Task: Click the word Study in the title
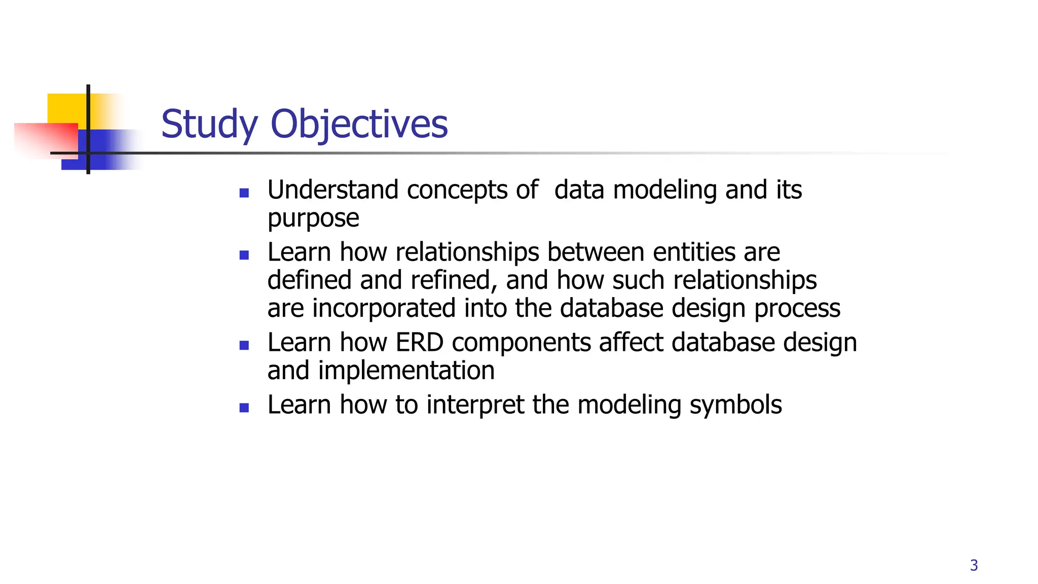209,125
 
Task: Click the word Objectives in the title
359,125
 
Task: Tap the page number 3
974,565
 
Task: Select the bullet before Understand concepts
244,193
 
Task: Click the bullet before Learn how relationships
244,255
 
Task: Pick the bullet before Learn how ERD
244,346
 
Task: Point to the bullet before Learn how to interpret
244,408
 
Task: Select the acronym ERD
419,343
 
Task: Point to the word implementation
406,371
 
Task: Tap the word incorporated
384,309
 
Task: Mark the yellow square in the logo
66,108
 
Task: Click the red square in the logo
46,139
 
